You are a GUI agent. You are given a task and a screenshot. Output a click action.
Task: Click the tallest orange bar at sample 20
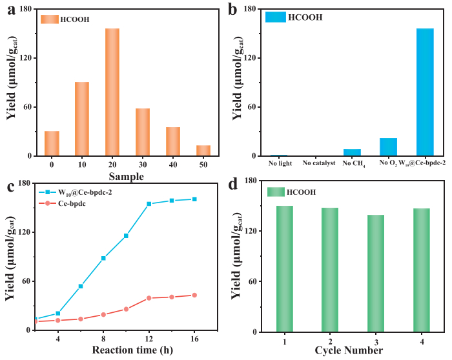112,92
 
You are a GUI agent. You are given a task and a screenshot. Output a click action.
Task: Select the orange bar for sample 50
203,150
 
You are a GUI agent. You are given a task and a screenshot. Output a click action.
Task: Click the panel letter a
8,9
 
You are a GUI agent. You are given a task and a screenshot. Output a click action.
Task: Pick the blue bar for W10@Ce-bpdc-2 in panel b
425,92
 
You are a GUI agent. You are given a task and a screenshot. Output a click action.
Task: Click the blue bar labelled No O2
388,147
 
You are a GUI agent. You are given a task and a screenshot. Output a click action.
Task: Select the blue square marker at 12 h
149,204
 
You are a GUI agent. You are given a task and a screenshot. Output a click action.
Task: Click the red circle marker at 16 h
194,295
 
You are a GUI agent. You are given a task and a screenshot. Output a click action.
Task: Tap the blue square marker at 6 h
81,286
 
